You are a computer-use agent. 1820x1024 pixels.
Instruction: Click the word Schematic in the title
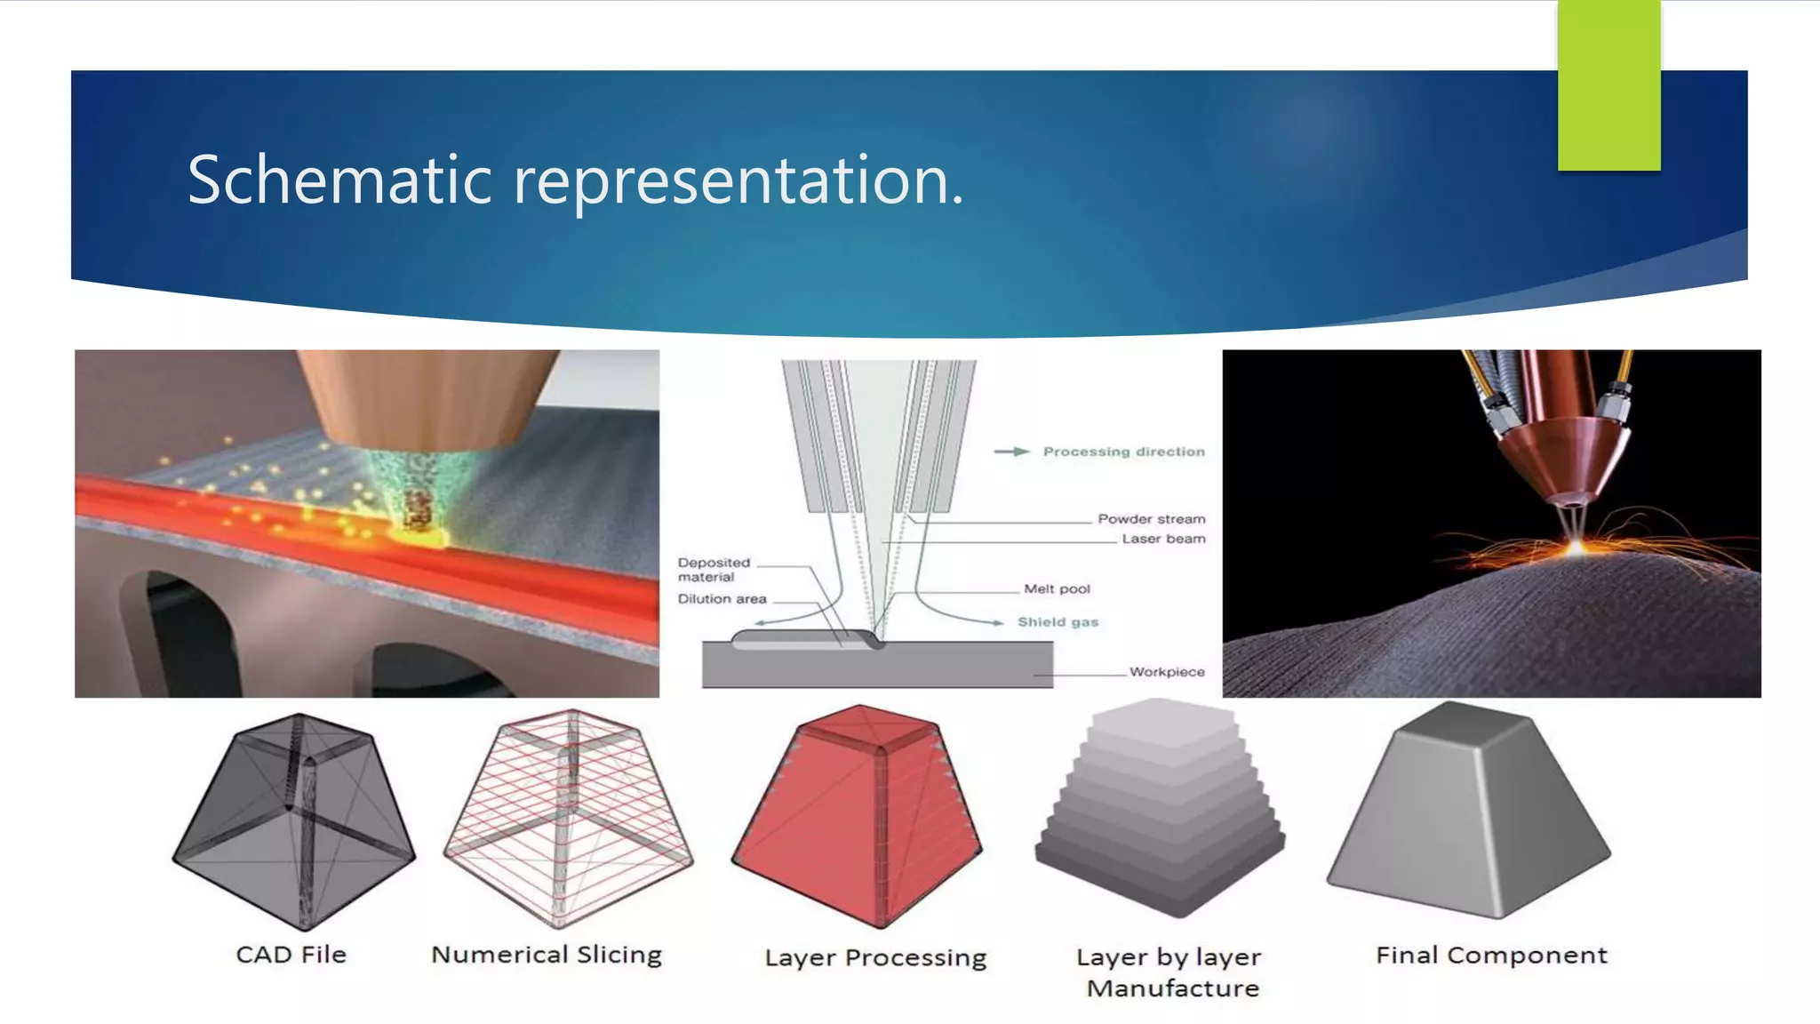click(x=339, y=180)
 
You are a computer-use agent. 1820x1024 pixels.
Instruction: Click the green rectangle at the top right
click(x=1608, y=85)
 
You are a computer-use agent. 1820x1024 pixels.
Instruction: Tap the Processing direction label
click(x=1123, y=452)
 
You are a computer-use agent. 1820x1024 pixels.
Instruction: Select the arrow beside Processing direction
click(x=1011, y=452)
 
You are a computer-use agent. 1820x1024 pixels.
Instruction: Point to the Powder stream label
click(x=1151, y=519)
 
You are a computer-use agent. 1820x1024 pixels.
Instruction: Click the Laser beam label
click(x=1163, y=539)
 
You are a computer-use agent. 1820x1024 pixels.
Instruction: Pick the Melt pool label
click(x=1057, y=588)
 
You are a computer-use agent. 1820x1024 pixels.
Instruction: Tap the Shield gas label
click(x=1058, y=622)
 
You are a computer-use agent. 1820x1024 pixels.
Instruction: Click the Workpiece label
click(x=1167, y=672)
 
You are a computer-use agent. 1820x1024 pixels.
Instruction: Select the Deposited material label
click(x=714, y=570)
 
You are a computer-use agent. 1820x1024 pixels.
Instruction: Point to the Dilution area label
click(x=722, y=599)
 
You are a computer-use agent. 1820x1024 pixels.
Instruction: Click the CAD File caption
click(x=291, y=955)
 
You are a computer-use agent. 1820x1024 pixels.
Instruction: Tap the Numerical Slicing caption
click(x=547, y=955)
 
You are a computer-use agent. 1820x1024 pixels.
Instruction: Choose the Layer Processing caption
click(x=875, y=957)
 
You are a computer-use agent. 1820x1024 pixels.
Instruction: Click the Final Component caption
click(x=1491, y=956)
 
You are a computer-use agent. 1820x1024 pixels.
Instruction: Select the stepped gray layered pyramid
click(x=1160, y=809)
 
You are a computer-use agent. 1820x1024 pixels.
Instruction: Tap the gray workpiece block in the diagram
click(x=889, y=667)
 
